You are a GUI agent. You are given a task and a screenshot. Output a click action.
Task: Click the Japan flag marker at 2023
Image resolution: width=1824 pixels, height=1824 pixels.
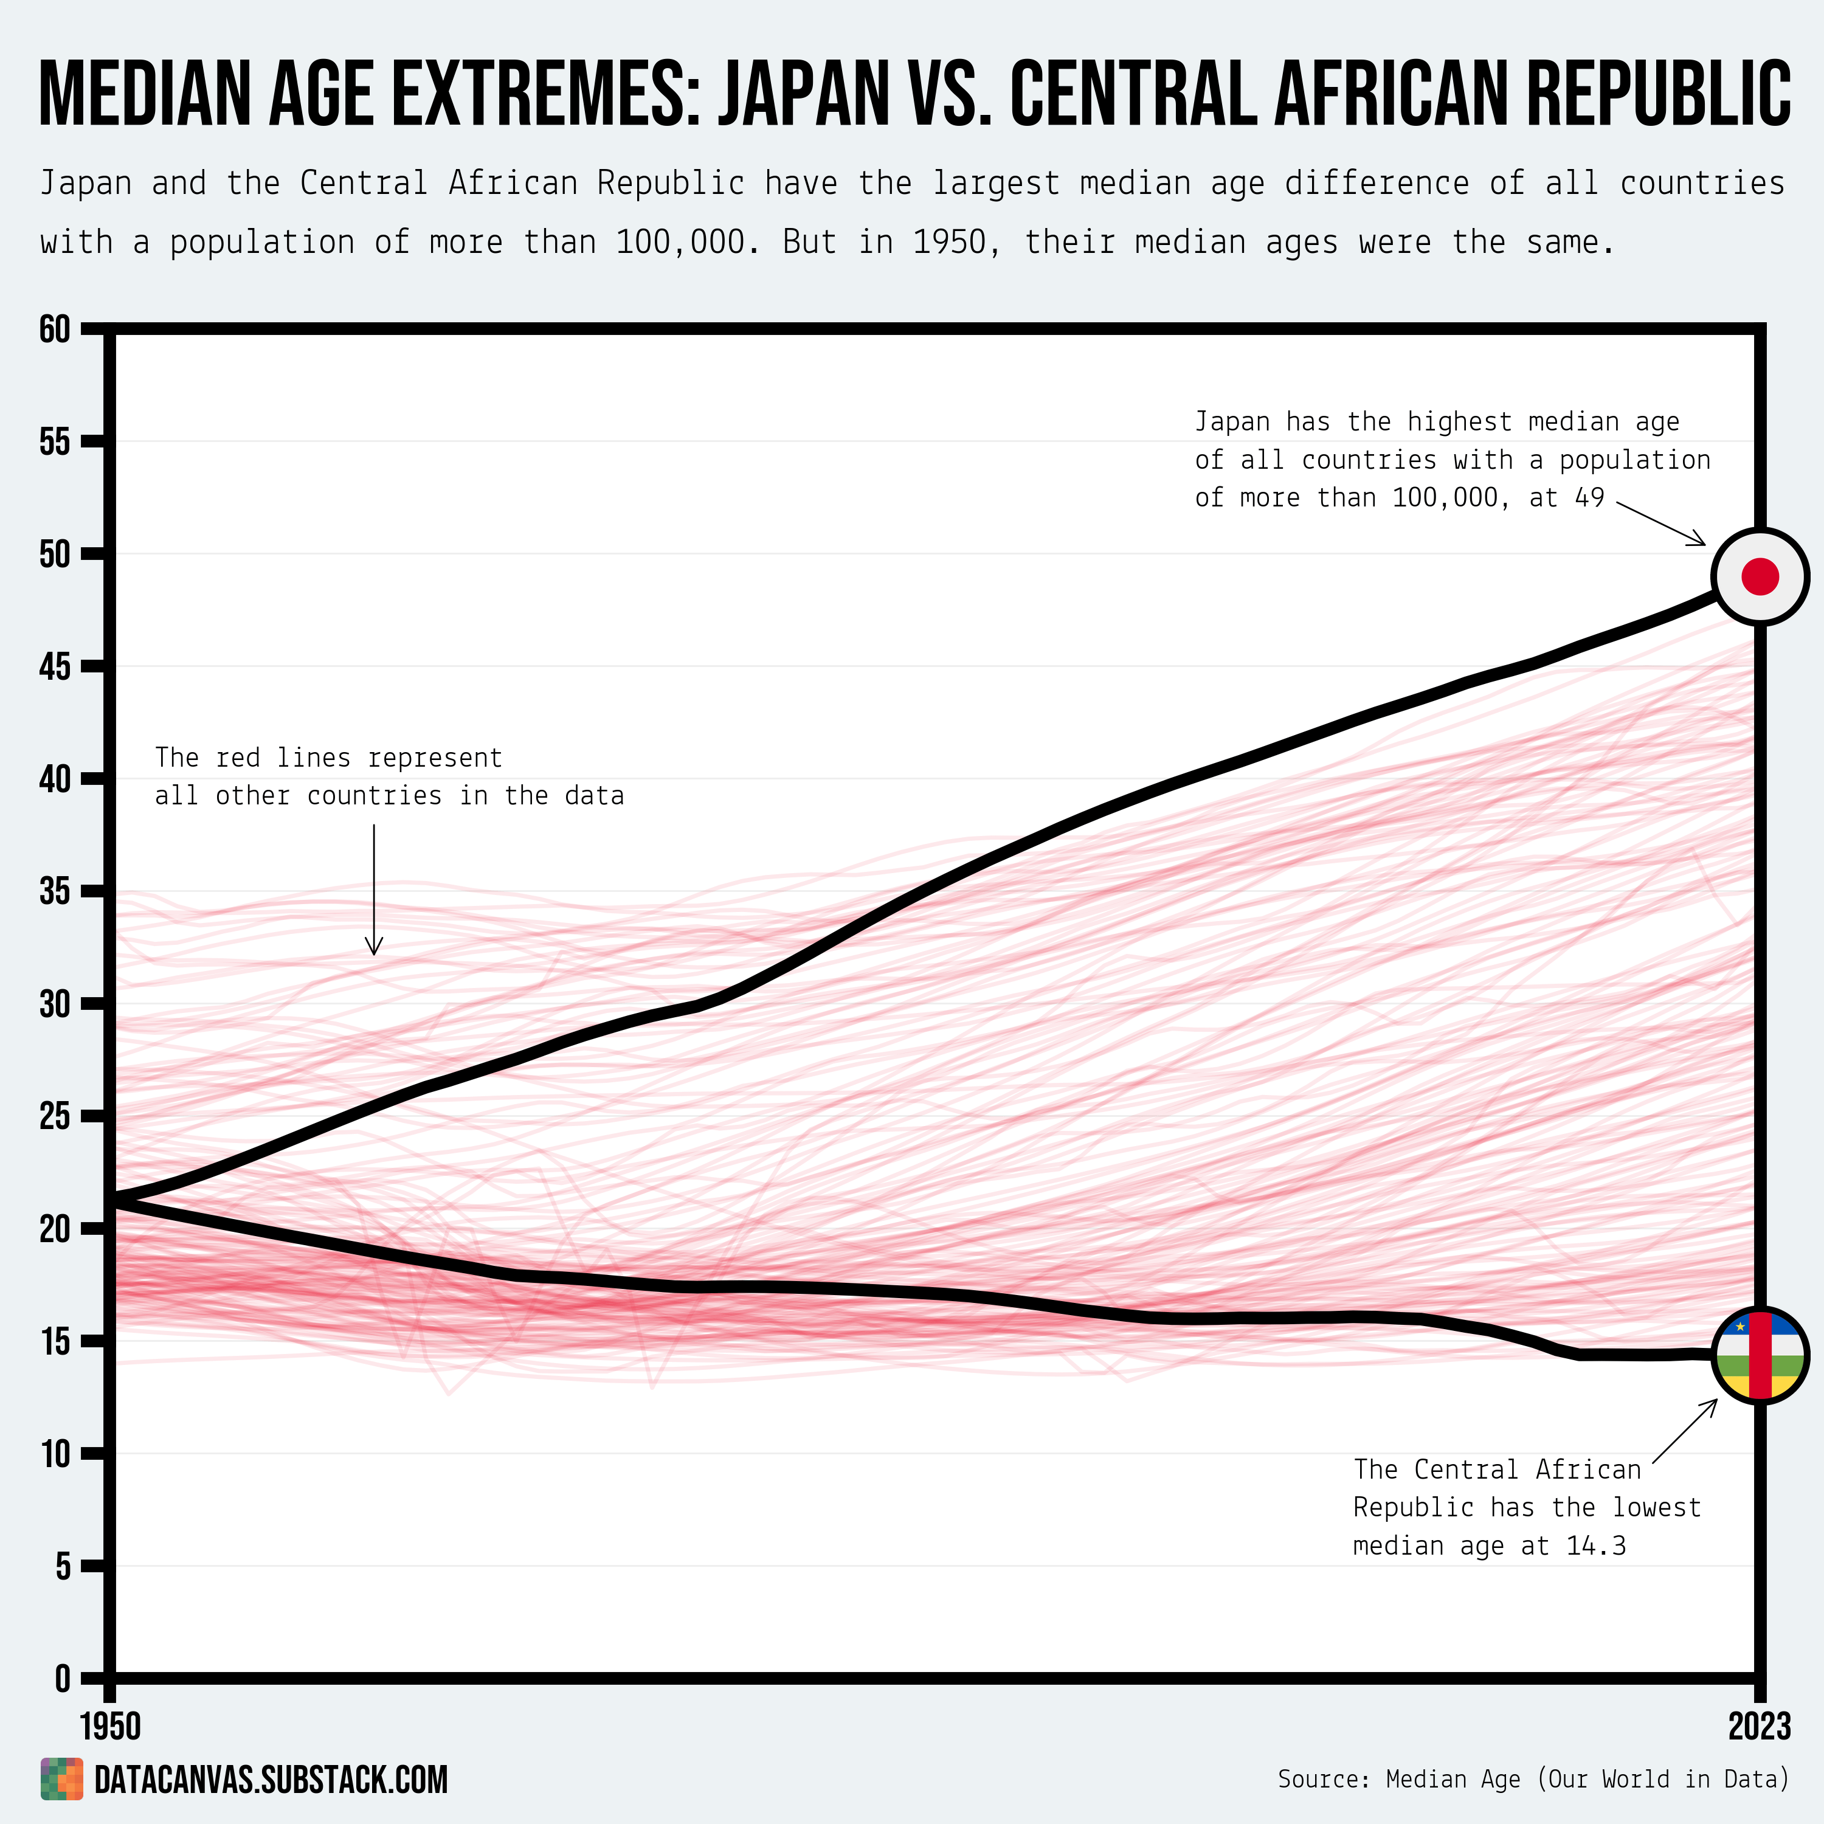click(1760, 576)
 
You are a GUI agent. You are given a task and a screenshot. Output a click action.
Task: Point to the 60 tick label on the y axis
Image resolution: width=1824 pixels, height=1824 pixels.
click(55, 330)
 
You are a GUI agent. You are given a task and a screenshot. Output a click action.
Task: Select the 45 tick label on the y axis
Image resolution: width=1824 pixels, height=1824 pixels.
click(55, 666)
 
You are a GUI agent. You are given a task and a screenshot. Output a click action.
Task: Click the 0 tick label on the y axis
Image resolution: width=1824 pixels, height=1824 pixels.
click(62, 1679)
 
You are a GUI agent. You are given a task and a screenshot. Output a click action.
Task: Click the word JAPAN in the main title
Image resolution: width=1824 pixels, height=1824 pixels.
click(803, 94)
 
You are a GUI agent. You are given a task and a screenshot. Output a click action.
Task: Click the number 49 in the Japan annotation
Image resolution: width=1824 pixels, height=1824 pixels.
click(1590, 497)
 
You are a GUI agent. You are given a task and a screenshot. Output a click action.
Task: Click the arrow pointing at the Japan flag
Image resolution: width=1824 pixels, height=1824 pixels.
click(1662, 522)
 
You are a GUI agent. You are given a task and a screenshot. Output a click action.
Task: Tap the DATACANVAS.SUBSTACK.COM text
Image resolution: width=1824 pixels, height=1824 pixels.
click(271, 1780)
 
